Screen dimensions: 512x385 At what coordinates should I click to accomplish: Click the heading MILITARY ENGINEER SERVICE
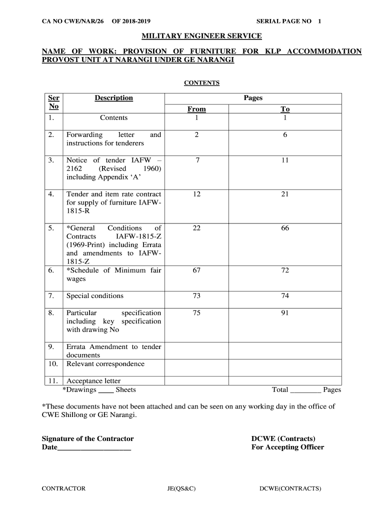tap(201, 36)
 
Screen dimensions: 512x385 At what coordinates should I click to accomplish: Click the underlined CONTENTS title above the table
tap(201, 83)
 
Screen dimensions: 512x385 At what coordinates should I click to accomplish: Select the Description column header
tap(113, 98)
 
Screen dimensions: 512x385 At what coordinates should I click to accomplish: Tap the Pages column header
tap(253, 98)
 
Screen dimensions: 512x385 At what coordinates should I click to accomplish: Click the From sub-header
tap(196, 109)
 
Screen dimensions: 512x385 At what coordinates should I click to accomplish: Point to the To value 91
tap(285, 313)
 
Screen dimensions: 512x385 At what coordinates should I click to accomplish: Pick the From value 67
tap(196, 270)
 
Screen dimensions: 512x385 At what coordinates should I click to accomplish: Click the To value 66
tap(285, 228)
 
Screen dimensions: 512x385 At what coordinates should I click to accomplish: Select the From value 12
tap(196, 194)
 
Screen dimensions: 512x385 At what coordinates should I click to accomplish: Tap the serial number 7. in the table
tap(51, 296)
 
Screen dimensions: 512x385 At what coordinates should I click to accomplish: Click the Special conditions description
tap(95, 296)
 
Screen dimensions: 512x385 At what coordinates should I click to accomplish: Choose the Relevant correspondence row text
tap(105, 364)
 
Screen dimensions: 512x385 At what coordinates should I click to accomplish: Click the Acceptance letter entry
tap(93, 381)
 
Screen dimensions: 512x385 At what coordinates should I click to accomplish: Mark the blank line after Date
tap(94, 448)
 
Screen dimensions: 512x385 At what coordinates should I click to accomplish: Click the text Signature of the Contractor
tap(87, 438)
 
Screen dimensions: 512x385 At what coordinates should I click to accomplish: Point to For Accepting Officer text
tap(287, 447)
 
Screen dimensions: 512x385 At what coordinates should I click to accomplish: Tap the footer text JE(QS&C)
tap(181, 488)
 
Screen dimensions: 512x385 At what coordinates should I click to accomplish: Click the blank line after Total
tap(305, 390)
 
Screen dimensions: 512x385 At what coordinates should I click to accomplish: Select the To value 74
tap(285, 296)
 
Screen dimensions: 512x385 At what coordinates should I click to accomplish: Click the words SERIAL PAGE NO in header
tap(283, 21)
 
